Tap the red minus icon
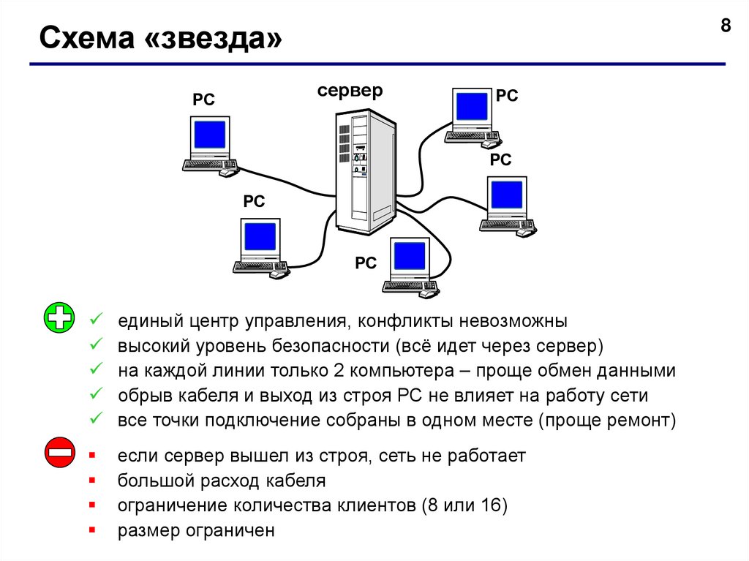coord(59,453)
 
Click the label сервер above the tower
coord(350,91)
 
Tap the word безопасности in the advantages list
coord(333,346)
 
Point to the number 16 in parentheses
coord(489,505)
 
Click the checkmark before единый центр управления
coord(94,320)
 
